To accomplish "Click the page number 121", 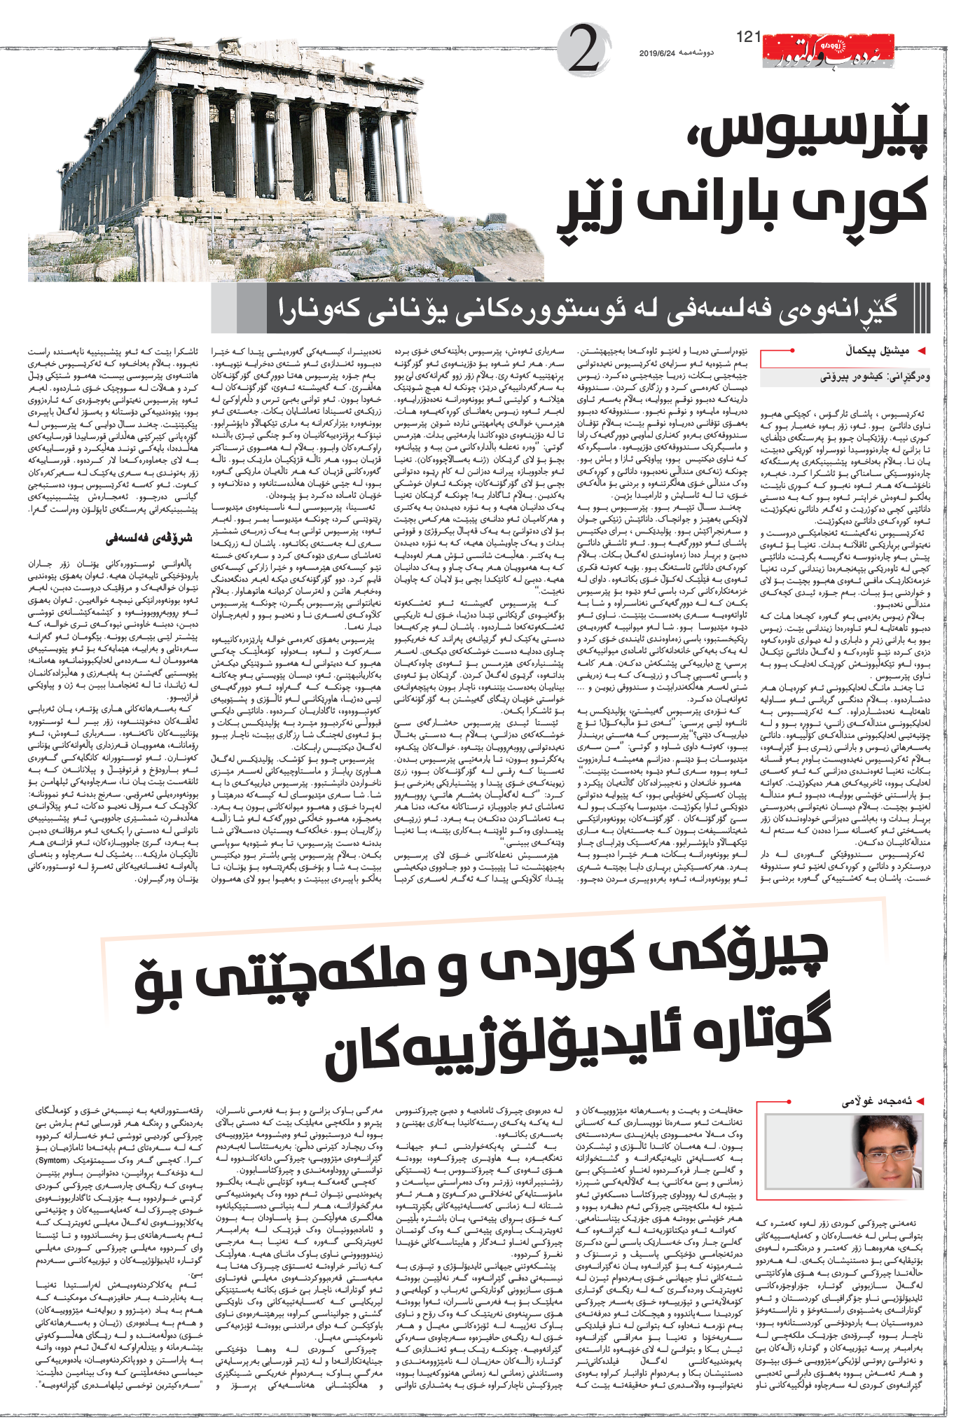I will point(749,36).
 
